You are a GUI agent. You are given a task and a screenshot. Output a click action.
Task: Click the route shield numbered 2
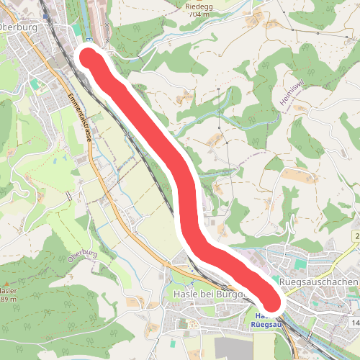coord(356,236)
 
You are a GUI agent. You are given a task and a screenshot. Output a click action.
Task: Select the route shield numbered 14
coord(354,323)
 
